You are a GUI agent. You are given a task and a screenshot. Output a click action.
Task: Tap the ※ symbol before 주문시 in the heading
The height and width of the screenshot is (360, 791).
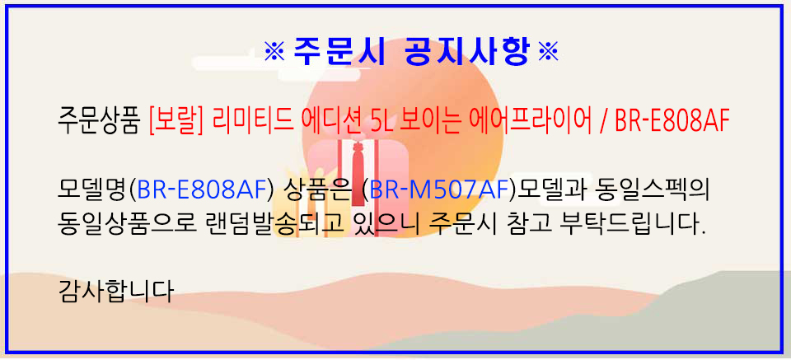(275, 51)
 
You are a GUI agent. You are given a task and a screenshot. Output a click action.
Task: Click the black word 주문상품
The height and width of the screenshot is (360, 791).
(98, 123)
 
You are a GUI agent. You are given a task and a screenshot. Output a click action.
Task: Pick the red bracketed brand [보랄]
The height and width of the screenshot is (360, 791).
(176, 123)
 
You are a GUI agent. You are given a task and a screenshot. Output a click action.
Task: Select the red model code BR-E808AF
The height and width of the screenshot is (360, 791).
(672, 123)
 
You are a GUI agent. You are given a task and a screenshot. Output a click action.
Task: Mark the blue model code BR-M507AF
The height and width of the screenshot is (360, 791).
(438, 189)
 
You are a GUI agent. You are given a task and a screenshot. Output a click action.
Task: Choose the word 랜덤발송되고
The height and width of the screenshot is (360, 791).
(262, 222)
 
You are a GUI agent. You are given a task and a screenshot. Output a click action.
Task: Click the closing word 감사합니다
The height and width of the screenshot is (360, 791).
(116, 291)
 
